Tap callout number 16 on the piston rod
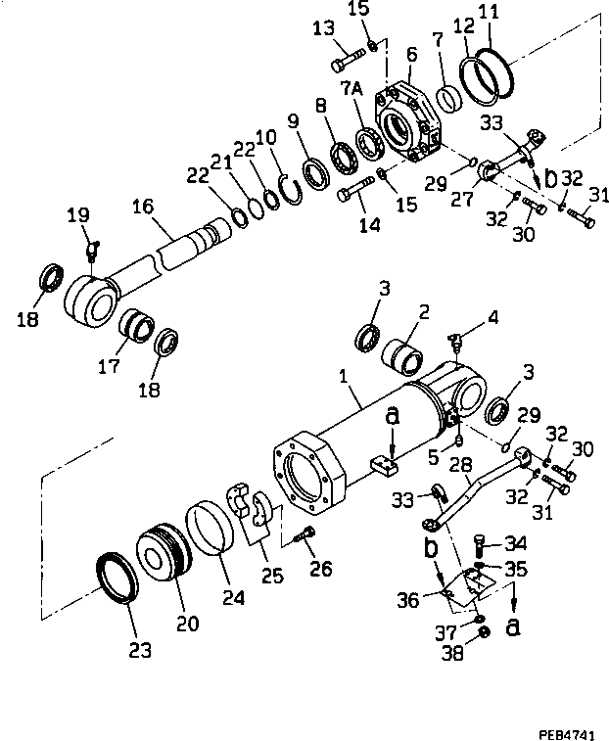pyautogui.click(x=143, y=208)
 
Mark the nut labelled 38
pyautogui.click(x=483, y=641)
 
